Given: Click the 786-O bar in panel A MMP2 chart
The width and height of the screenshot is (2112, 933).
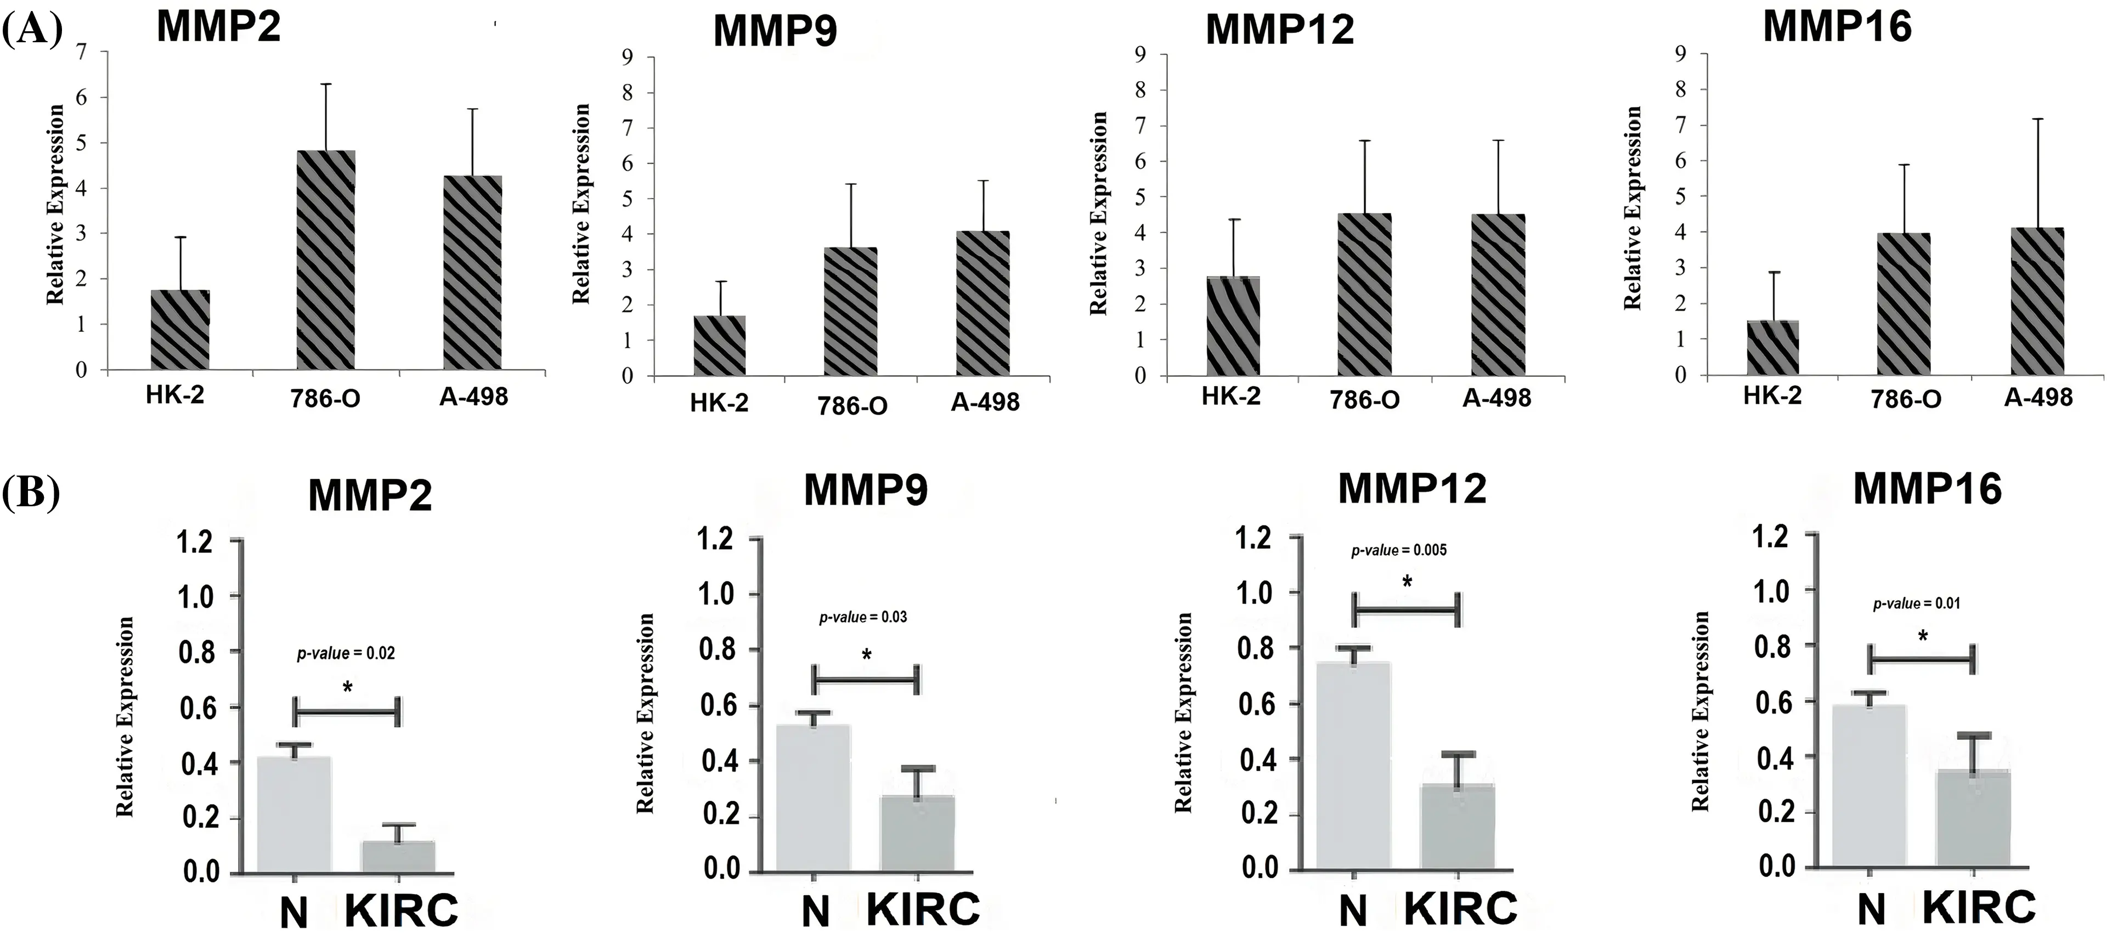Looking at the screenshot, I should pos(325,260).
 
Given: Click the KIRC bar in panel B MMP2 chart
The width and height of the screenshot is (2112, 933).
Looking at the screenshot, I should pos(398,857).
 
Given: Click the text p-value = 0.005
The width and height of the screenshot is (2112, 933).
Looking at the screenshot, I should pos(1399,550).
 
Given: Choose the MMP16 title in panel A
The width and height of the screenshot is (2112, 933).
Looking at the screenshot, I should pos(1837,27).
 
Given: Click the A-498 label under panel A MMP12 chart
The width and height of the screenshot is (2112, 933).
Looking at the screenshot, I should pos(1497,398).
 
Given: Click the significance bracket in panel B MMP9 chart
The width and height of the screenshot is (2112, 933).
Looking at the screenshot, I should pos(866,680).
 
